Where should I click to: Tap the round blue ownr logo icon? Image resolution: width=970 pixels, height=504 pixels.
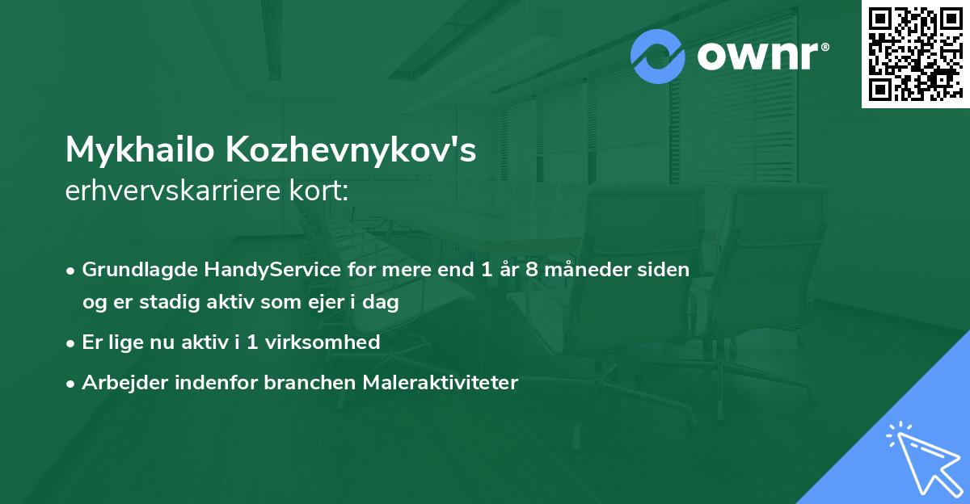(x=658, y=57)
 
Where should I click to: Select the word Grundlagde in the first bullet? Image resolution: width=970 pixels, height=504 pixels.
(x=133, y=270)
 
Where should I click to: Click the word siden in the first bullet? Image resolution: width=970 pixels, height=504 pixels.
(x=665, y=270)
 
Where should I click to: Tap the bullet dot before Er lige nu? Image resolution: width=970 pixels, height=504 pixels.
(x=71, y=342)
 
